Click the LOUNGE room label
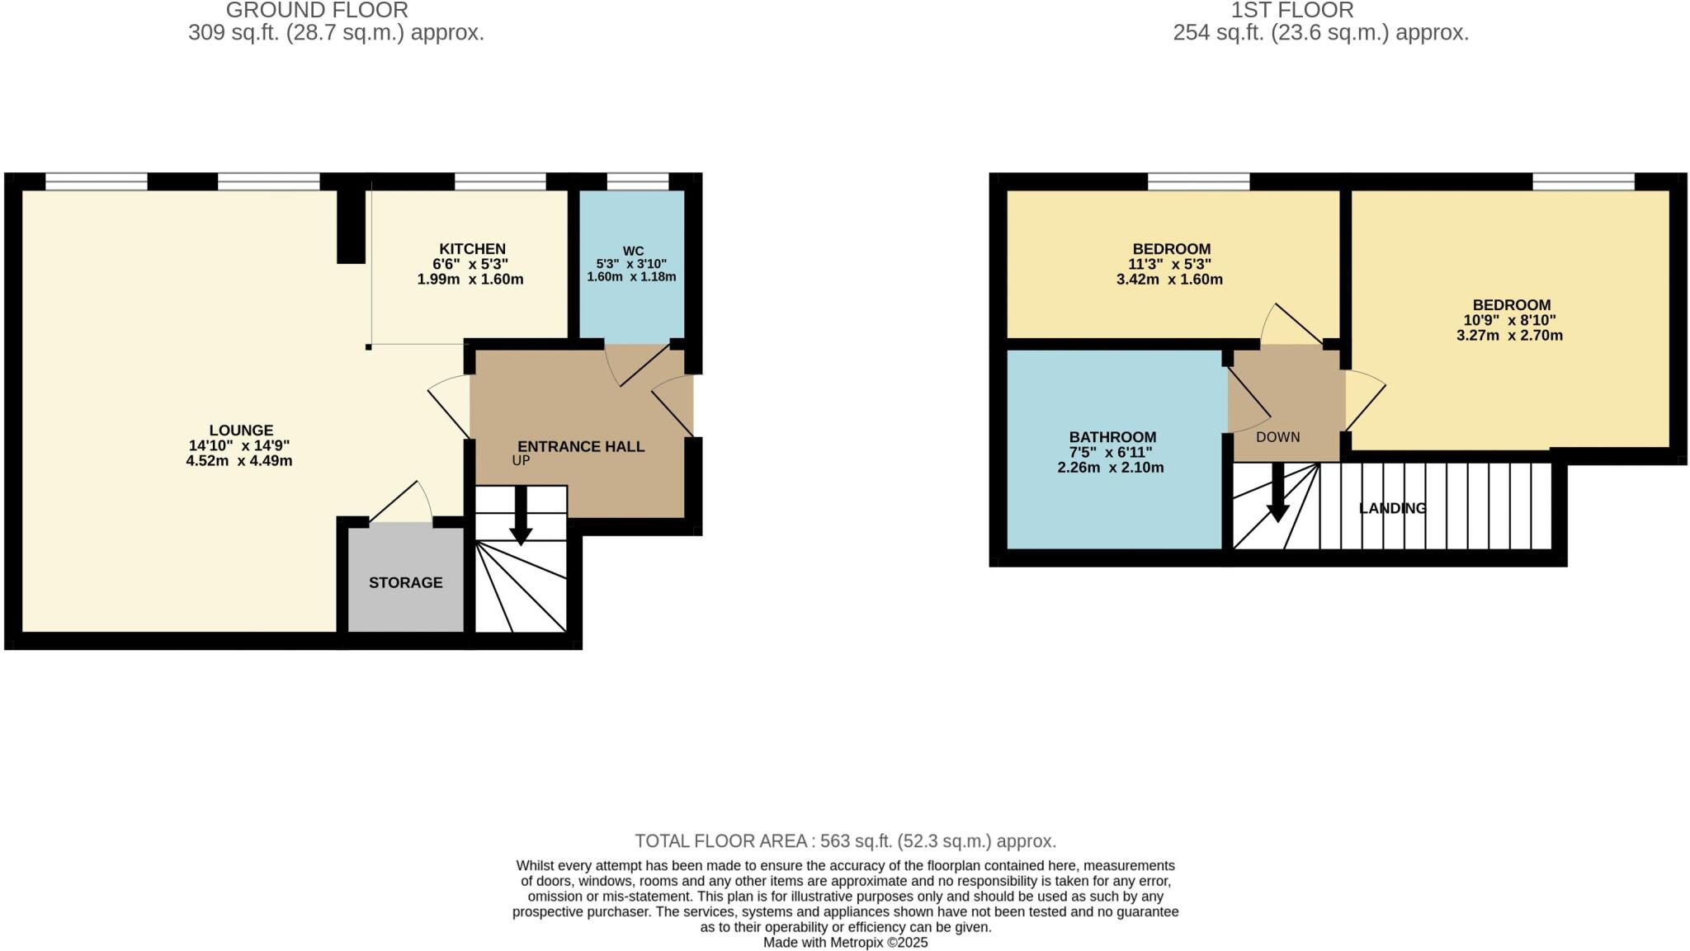[240, 431]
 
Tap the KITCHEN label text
[472, 249]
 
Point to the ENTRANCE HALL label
[581, 447]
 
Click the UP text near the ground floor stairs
[521, 461]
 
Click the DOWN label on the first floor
[1277, 437]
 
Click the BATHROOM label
[1112, 437]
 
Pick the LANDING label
[1392, 508]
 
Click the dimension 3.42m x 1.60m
[1169, 280]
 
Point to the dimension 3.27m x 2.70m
[1509, 336]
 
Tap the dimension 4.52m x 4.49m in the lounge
[239, 461]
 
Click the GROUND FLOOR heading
[317, 11]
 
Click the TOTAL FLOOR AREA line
[845, 841]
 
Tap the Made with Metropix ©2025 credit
[845, 943]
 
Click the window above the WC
[638, 181]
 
